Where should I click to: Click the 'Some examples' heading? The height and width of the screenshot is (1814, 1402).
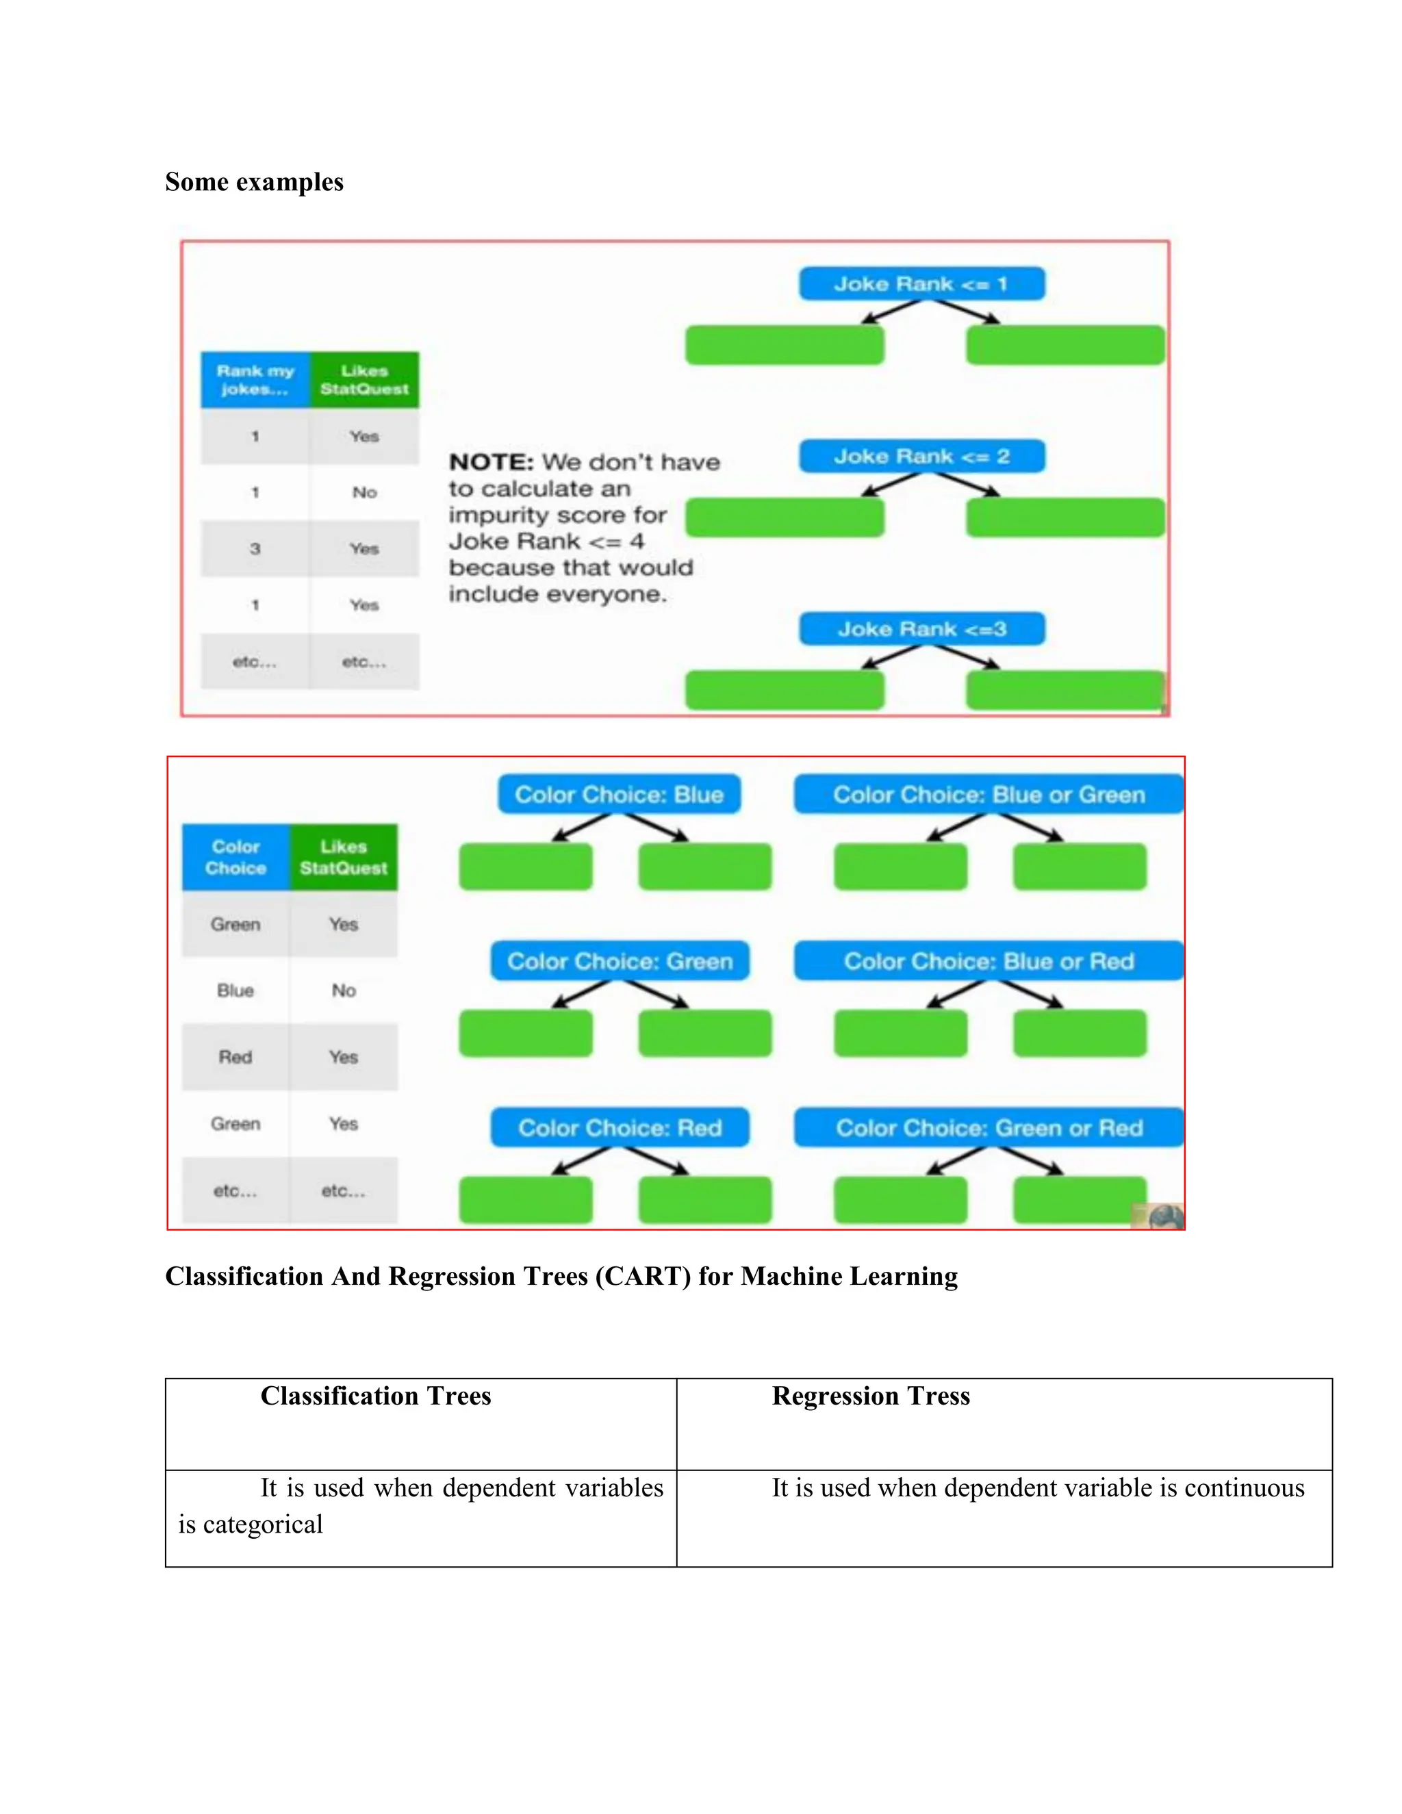point(254,182)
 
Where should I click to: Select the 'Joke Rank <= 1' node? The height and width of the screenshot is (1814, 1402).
point(921,284)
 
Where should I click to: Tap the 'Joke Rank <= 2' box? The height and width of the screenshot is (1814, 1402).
point(921,456)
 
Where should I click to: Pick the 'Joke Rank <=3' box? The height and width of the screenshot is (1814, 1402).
point(921,629)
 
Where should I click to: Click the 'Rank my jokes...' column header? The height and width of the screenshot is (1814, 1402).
point(255,380)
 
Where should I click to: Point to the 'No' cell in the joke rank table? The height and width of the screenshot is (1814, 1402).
point(364,493)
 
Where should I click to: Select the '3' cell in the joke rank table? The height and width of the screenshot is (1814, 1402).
point(255,549)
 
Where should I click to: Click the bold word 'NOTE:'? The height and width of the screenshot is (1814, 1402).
point(491,463)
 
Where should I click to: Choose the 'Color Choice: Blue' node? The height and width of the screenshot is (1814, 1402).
point(619,795)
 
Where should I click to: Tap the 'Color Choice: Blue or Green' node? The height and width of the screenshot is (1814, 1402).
point(989,795)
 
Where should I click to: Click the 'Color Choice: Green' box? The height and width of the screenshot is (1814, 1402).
point(620,961)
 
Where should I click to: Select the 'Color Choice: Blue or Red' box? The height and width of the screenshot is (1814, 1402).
point(989,961)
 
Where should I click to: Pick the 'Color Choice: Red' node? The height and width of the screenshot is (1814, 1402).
point(620,1128)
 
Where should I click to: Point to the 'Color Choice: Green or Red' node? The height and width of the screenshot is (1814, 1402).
point(989,1128)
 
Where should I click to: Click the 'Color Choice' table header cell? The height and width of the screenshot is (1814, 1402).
point(236,857)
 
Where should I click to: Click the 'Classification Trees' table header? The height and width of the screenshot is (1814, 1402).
point(375,1396)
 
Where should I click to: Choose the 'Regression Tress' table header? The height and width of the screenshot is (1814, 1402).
point(871,1396)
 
